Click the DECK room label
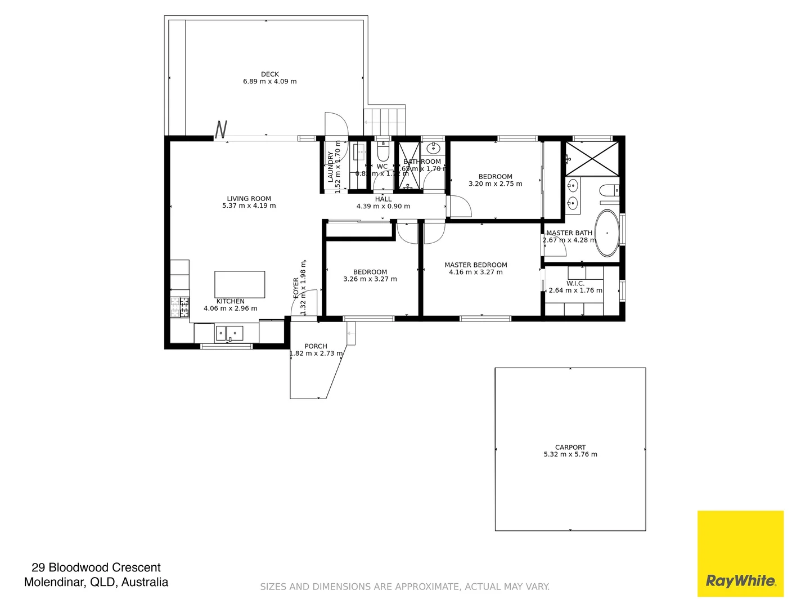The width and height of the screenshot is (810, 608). pyautogui.click(x=269, y=74)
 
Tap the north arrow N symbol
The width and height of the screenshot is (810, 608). pyautogui.click(x=221, y=129)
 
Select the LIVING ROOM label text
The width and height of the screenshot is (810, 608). pyautogui.click(x=249, y=199)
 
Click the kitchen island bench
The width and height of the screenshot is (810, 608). pyautogui.click(x=240, y=284)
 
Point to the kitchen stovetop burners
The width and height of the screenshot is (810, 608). pyautogui.click(x=180, y=306)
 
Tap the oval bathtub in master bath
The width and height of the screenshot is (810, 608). pyautogui.click(x=607, y=233)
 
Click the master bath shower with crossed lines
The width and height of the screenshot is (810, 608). pyautogui.click(x=591, y=158)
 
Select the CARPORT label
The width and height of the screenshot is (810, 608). pyautogui.click(x=570, y=447)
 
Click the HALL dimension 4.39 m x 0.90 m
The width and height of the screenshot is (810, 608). pyautogui.click(x=383, y=207)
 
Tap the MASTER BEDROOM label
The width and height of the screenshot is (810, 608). pyautogui.click(x=476, y=265)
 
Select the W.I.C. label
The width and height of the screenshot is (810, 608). pyautogui.click(x=575, y=283)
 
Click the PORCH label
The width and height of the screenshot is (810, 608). pyautogui.click(x=316, y=346)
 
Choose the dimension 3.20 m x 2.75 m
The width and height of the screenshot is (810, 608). pyautogui.click(x=495, y=184)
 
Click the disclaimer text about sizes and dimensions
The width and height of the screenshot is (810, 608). pyautogui.click(x=404, y=587)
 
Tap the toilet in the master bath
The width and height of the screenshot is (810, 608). pyautogui.click(x=609, y=191)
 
